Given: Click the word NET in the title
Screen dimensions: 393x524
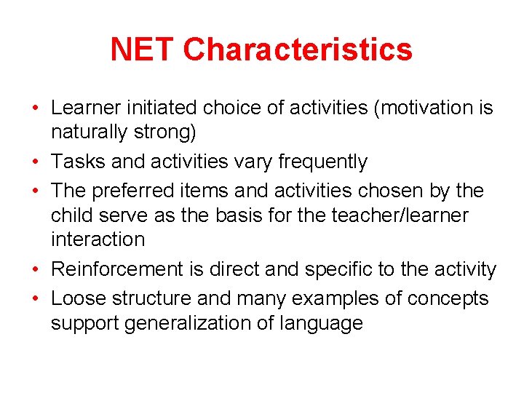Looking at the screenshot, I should (x=143, y=49).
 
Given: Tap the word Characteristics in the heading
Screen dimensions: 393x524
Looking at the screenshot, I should (x=298, y=49).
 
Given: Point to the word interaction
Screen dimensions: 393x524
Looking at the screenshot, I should (x=98, y=239).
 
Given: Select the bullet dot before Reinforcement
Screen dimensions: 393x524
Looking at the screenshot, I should (x=36, y=270).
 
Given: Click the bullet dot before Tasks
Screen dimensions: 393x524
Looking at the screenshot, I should (x=36, y=162).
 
